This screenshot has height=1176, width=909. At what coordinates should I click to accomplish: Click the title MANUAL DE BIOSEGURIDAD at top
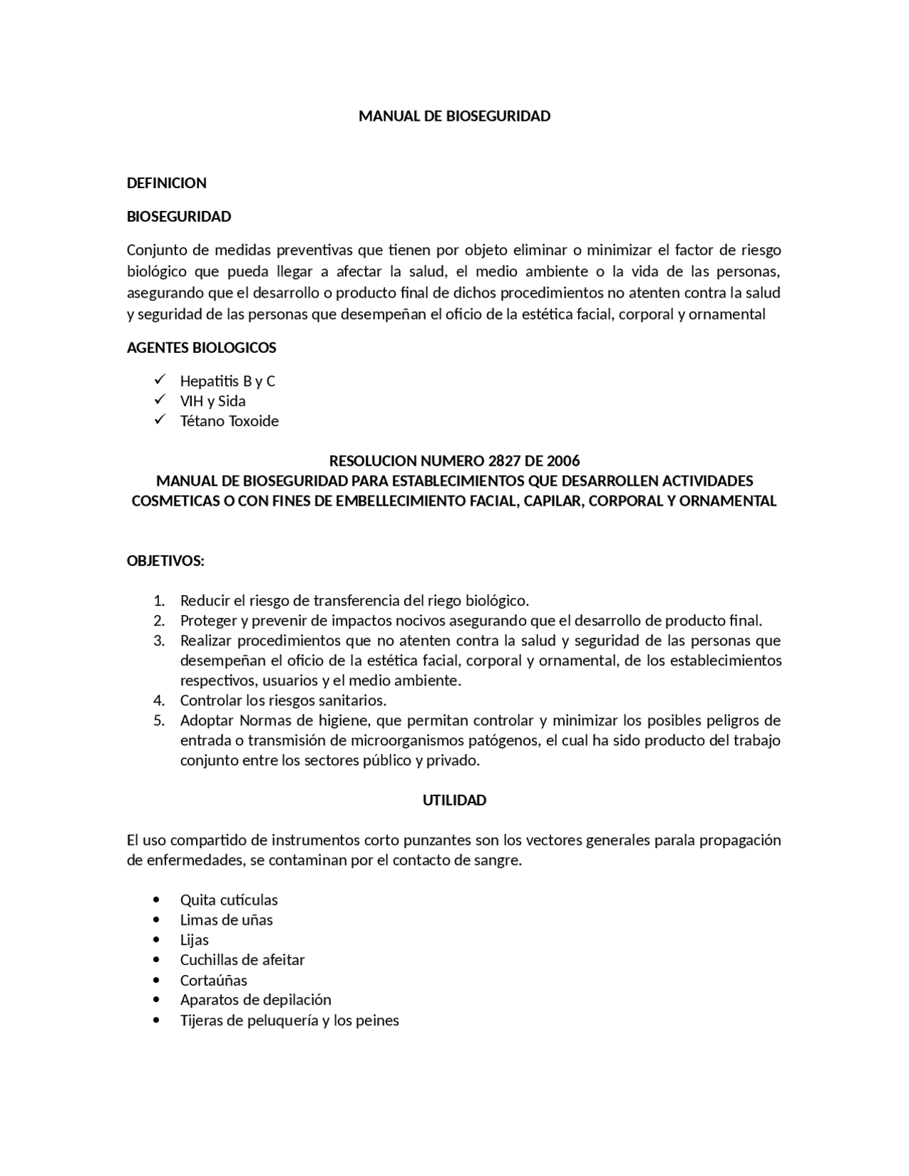click(454, 116)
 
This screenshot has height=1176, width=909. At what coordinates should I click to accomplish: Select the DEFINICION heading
click(166, 183)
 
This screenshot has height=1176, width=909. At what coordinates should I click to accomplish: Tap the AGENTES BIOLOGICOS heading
click(201, 347)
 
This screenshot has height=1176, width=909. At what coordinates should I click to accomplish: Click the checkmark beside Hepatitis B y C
click(159, 380)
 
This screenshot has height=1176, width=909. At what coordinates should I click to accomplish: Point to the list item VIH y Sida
click(212, 401)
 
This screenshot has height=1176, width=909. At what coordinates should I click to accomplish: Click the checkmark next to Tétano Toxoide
click(159, 420)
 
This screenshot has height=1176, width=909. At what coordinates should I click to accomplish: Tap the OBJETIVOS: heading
click(165, 561)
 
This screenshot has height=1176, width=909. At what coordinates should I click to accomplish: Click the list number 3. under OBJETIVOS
click(159, 641)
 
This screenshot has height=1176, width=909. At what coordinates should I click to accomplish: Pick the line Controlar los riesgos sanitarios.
click(283, 700)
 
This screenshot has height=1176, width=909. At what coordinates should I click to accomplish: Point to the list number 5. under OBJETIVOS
click(159, 720)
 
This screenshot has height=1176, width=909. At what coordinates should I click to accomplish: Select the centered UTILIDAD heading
click(454, 800)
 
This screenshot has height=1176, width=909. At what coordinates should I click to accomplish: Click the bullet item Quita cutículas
click(229, 900)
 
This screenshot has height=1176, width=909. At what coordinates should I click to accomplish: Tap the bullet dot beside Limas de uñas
click(156, 920)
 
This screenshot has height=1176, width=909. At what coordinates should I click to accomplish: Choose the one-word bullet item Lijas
click(194, 940)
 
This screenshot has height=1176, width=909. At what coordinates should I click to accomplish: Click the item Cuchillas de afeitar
click(242, 959)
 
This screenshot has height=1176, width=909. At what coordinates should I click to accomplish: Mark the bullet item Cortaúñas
click(214, 980)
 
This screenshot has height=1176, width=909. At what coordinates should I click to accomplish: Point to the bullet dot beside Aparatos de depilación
click(156, 1000)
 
